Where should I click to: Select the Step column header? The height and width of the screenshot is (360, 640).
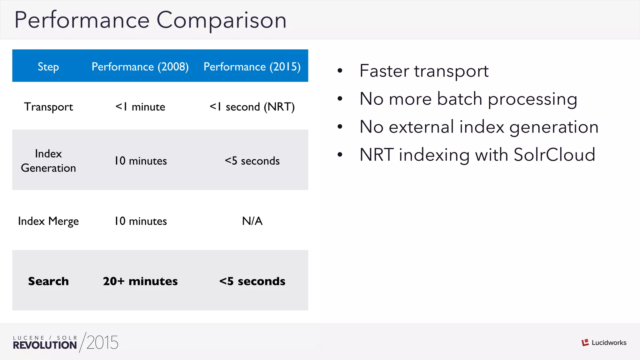48,67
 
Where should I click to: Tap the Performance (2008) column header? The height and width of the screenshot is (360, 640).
140,67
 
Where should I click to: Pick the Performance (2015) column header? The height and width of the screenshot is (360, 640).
252,67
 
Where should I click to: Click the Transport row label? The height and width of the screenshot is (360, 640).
48,107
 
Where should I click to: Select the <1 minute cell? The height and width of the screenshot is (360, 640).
140,107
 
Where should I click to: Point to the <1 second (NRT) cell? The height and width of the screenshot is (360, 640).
252,107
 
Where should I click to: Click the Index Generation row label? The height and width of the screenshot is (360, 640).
48,161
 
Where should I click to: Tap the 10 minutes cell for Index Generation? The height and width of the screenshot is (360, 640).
140,161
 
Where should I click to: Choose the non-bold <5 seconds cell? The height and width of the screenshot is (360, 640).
252,161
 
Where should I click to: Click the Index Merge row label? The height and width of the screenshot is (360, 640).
48,221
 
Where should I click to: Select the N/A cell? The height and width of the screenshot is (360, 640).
252,221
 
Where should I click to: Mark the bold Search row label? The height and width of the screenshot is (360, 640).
48,281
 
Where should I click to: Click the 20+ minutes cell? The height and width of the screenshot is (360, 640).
140,281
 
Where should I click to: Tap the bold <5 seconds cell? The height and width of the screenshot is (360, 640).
252,281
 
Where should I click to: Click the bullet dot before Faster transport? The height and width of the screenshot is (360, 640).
340,71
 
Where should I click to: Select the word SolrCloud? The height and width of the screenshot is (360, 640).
554,155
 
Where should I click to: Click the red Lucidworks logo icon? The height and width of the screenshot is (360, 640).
585,342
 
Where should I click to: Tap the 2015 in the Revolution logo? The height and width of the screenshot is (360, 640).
102,343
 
